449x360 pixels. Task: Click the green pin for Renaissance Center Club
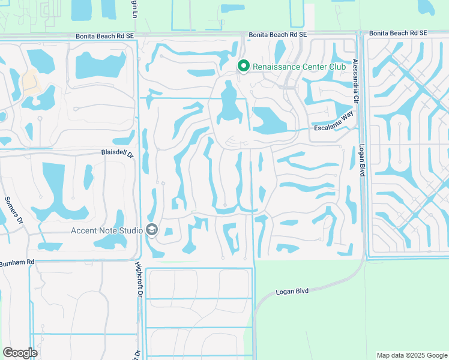[244, 66]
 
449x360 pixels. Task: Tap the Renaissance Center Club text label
[299, 67]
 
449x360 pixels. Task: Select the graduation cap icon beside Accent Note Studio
[152, 230]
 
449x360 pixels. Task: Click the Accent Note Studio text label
[107, 230]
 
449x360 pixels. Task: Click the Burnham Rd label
[17, 263]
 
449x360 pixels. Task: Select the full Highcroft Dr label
[137, 281]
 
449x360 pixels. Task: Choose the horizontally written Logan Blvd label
[292, 291]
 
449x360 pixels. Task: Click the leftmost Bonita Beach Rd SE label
[104, 36]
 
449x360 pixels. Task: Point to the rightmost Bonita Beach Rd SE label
[398, 33]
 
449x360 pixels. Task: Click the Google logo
[20, 352]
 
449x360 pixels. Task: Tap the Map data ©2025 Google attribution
[411, 355]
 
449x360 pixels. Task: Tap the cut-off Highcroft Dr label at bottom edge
[137, 353]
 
